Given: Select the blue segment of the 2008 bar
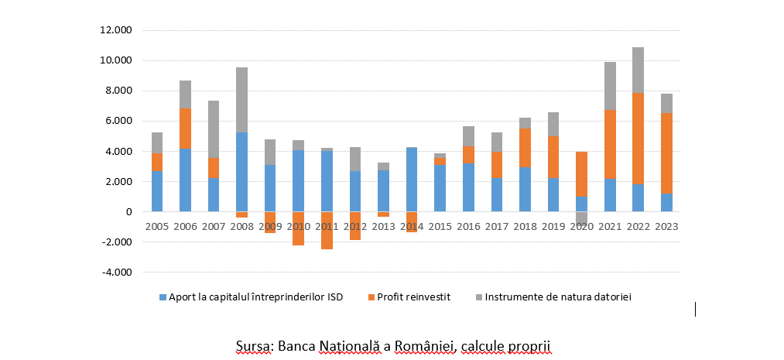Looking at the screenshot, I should pos(242,172).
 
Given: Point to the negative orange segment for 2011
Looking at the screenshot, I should pos(327,231).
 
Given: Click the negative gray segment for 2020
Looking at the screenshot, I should pos(581,218).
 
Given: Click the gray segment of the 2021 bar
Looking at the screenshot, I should pos(610,86).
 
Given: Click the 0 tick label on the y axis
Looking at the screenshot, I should pos(128,212).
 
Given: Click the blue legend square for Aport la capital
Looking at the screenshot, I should pos(162,297).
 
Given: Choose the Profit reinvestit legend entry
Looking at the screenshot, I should pos(417,297).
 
